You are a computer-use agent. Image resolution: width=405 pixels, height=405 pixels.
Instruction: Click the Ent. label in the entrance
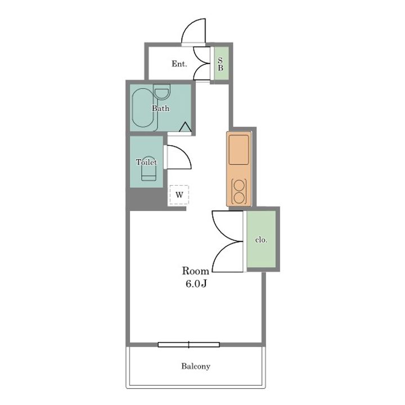[179, 64]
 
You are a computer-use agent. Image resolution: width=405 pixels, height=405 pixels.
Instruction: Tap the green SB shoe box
[222, 64]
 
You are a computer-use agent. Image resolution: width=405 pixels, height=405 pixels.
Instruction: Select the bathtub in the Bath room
[143, 108]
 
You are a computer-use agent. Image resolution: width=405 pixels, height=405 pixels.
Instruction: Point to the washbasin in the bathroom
[162, 92]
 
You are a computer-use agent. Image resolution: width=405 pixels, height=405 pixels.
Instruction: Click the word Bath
[161, 108]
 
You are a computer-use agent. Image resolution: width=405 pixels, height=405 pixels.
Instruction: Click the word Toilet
[146, 162]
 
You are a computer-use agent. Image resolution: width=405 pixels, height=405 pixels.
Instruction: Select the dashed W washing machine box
[179, 195]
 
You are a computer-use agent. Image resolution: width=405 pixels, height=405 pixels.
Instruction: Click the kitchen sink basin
[239, 150]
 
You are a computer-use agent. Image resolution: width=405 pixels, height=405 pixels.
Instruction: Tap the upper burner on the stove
[239, 185]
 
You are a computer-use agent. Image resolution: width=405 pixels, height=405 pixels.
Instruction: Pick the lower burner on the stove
[239, 198]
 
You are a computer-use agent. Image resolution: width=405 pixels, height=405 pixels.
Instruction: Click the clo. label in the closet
[261, 240]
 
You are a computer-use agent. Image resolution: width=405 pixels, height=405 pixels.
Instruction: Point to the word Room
[196, 271]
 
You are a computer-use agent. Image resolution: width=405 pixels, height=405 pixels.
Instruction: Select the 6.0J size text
[196, 284]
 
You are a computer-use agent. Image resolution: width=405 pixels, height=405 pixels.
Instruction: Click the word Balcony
[196, 366]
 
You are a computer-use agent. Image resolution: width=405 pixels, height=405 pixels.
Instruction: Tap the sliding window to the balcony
[189, 345]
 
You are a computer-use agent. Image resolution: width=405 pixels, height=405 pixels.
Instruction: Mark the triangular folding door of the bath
[186, 127]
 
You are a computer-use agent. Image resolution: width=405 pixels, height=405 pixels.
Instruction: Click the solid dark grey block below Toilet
[146, 199]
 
